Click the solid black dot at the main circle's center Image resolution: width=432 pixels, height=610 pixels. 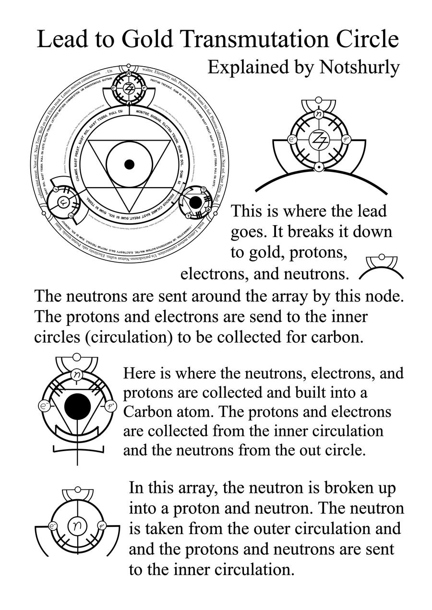click(128, 164)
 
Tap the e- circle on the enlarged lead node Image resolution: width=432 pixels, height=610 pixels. click(291, 140)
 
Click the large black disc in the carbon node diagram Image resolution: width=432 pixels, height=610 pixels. click(77, 407)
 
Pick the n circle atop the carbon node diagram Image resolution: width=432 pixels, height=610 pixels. click(77, 374)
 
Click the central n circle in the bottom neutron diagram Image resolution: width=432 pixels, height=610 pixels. click(76, 526)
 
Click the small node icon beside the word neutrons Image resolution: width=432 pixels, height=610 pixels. click(382, 268)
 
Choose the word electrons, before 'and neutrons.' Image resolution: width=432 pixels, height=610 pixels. click(215, 274)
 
